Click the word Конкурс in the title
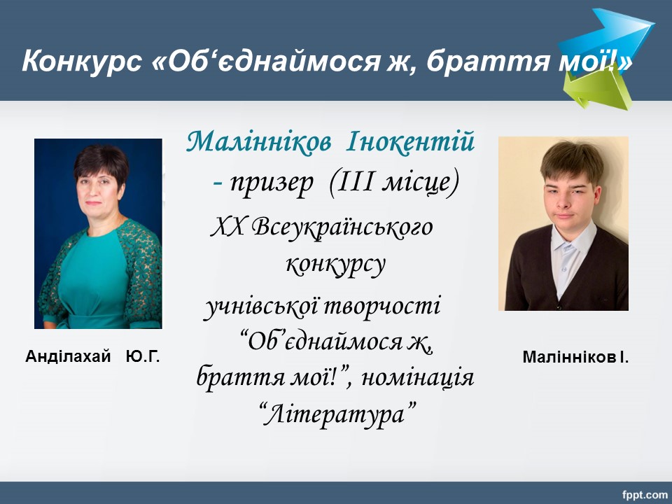pos(82,60)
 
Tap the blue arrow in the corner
pos(608,41)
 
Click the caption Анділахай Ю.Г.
pos(92,356)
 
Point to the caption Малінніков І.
pos(575,357)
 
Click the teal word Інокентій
pos(410,141)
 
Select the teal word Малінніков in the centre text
pos(258,141)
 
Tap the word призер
pos(272,183)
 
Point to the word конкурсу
pos(335,265)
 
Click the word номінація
pos(417,377)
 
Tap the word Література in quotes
pos(337,414)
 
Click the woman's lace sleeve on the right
pos(141,270)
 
